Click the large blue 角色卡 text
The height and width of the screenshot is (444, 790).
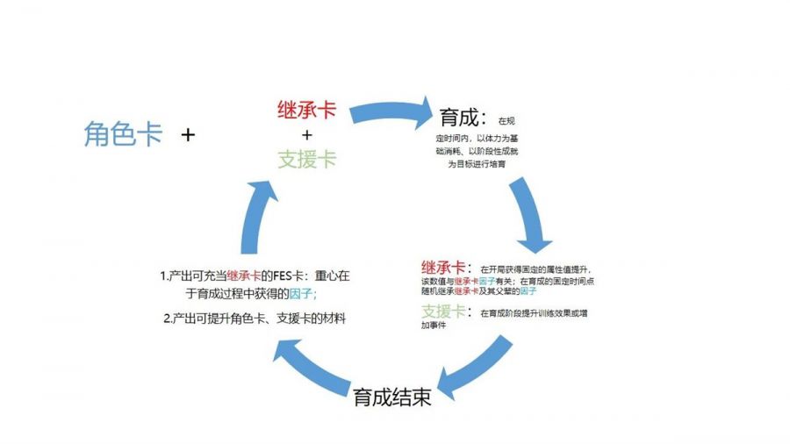[123, 134]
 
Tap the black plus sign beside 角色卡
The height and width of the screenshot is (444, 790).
[188, 135]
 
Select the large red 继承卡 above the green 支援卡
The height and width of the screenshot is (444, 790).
[306, 113]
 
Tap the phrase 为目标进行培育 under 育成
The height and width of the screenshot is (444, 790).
[477, 163]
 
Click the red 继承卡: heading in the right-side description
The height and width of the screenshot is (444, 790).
[446, 268]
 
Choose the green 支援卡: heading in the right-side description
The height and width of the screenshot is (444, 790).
[446, 312]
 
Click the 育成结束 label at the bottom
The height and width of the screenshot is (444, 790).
[392, 397]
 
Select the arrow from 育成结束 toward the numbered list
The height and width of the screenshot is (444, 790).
[306, 361]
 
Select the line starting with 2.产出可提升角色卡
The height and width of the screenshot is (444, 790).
[255, 319]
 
